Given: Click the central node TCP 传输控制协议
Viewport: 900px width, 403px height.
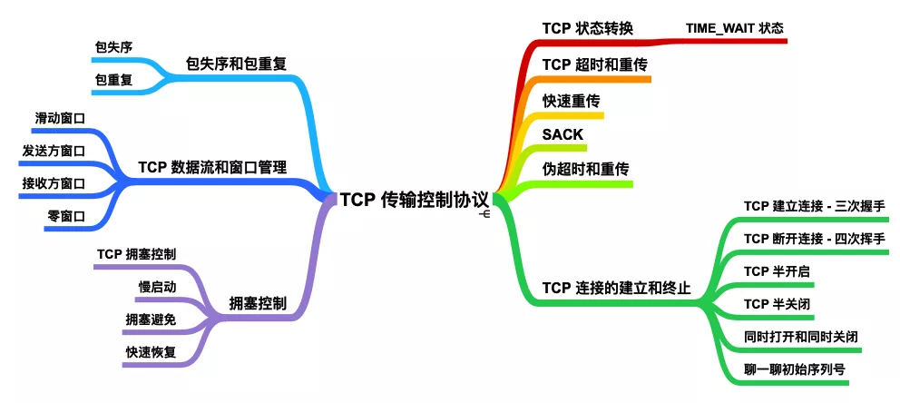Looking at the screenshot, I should [x=415, y=200].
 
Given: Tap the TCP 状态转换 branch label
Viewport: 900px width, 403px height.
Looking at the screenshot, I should [x=587, y=27].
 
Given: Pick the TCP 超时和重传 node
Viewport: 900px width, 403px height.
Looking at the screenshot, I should [x=594, y=64].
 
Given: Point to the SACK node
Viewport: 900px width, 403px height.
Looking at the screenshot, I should [x=562, y=134].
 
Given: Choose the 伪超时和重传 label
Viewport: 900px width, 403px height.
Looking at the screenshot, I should [x=586, y=170].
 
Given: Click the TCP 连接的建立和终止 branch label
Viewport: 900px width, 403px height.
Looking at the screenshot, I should [x=616, y=289].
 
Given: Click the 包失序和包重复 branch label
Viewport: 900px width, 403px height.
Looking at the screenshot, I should [x=235, y=64].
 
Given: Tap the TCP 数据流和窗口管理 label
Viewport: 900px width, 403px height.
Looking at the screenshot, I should [x=212, y=168].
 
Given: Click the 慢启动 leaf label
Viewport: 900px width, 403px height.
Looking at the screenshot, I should [x=157, y=287].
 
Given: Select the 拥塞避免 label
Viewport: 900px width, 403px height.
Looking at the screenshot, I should [x=151, y=319].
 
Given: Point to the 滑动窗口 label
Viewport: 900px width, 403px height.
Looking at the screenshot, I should [x=60, y=118].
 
